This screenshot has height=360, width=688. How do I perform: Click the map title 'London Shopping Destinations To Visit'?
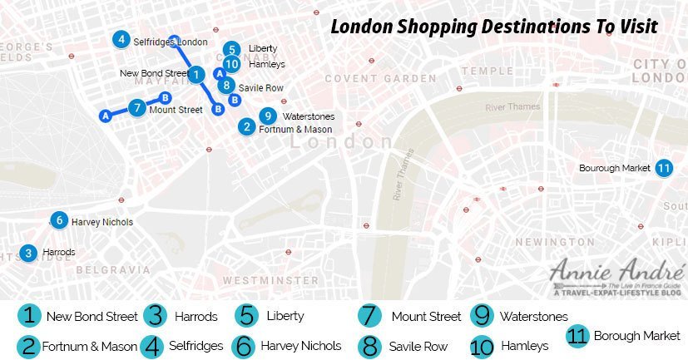[x=494, y=27]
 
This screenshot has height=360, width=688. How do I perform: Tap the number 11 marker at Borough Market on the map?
[x=663, y=168]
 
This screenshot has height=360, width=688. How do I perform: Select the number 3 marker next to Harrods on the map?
[x=29, y=253]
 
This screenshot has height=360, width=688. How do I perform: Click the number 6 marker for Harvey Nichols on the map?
[x=58, y=221]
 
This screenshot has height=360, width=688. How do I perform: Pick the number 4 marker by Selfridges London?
[x=121, y=40]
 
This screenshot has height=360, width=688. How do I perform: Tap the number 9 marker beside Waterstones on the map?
[x=267, y=116]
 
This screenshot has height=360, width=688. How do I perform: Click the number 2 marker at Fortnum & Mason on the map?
[x=246, y=127]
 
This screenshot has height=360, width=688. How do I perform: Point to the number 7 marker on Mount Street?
[x=137, y=108]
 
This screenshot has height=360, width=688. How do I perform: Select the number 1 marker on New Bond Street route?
[x=196, y=75]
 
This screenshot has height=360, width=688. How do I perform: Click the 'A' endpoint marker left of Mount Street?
[x=105, y=116]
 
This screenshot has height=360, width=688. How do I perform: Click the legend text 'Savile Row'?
[x=419, y=346]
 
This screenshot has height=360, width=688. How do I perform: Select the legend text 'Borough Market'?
[x=636, y=336]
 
